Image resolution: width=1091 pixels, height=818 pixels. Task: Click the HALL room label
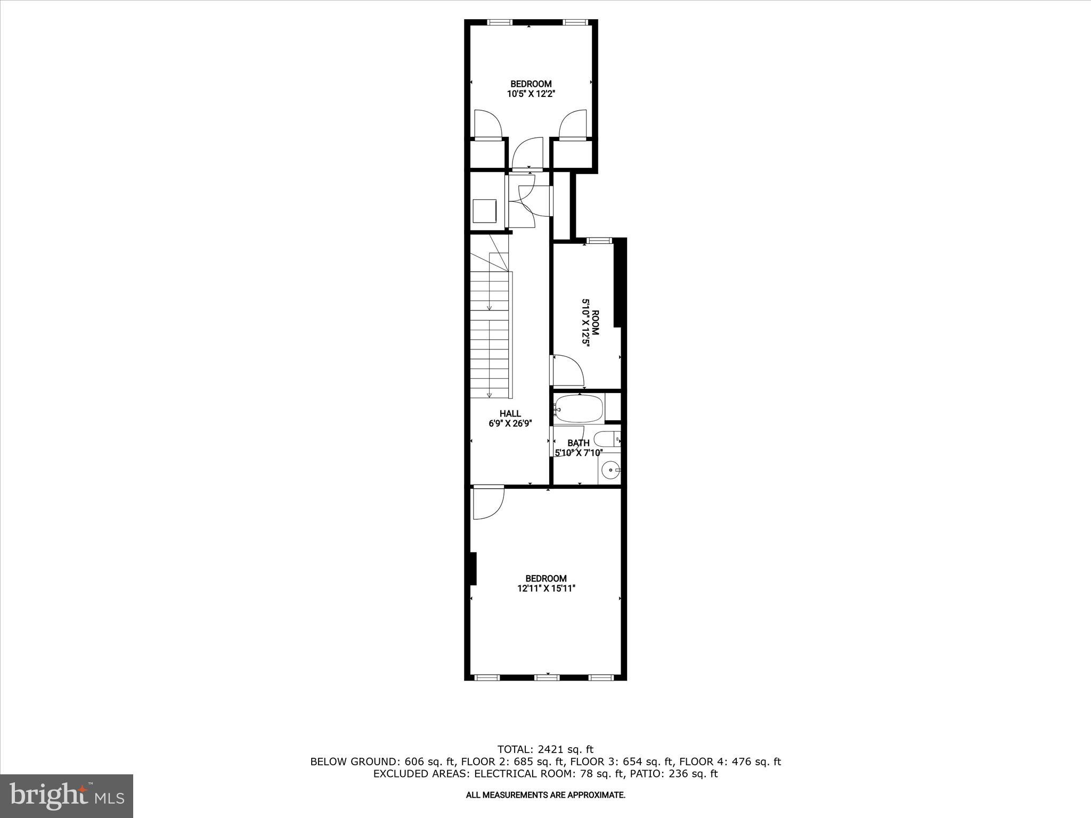(510, 413)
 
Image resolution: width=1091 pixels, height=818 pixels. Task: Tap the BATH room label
(578, 443)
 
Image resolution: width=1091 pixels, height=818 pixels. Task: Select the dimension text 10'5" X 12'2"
(531, 94)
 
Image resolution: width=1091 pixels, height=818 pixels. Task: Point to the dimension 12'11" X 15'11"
(546, 588)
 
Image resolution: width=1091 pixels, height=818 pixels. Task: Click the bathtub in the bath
(578, 409)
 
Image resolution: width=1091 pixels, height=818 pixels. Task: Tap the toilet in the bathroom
(605, 440)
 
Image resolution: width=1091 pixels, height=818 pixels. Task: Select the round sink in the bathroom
(610, 470)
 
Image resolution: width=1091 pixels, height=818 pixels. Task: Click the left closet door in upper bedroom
(487, 124)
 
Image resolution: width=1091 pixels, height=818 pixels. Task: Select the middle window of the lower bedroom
(547, 677)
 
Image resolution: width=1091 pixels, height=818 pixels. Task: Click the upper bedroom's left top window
(500, 22)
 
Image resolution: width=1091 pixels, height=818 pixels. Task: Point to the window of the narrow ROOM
(599, 241)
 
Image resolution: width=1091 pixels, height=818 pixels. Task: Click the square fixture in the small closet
(485, 210)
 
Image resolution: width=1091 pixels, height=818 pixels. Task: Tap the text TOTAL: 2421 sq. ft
(545, 749)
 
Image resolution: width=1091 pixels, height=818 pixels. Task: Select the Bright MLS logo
(67, 796)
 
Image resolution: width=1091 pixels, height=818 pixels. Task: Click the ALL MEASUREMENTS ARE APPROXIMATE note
(545, 795)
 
